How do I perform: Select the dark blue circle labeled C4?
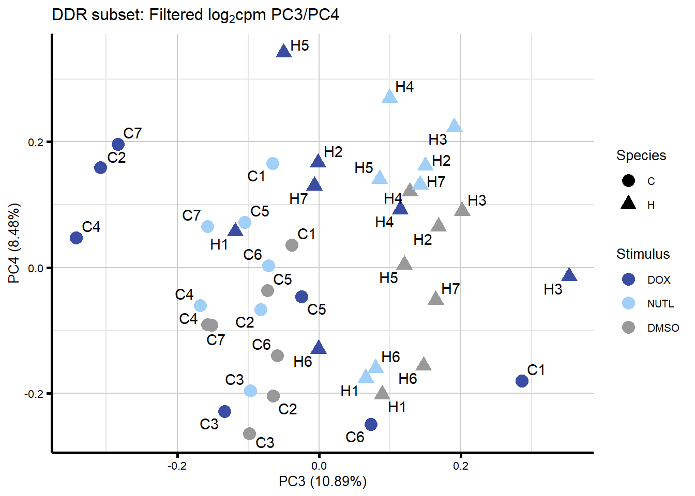point(77,238)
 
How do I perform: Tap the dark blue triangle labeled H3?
point(569,275)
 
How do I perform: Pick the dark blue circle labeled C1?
point(522,381)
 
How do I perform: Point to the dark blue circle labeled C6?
point(371,425)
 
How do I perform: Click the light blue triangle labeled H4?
point(390,96)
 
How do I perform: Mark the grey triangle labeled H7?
point(436,298)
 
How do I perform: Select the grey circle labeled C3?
point(250,433)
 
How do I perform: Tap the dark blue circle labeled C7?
point(118,145)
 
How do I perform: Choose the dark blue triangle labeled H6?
point(319,347)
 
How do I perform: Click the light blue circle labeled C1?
point(273,164)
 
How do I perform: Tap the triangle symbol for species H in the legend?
point(628,203)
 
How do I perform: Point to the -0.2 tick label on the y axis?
point(35,394)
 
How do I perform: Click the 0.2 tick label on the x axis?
point(461,466)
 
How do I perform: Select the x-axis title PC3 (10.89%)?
point(323,482)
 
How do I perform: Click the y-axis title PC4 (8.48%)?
point(14,243)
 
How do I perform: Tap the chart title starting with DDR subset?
point(195,15)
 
